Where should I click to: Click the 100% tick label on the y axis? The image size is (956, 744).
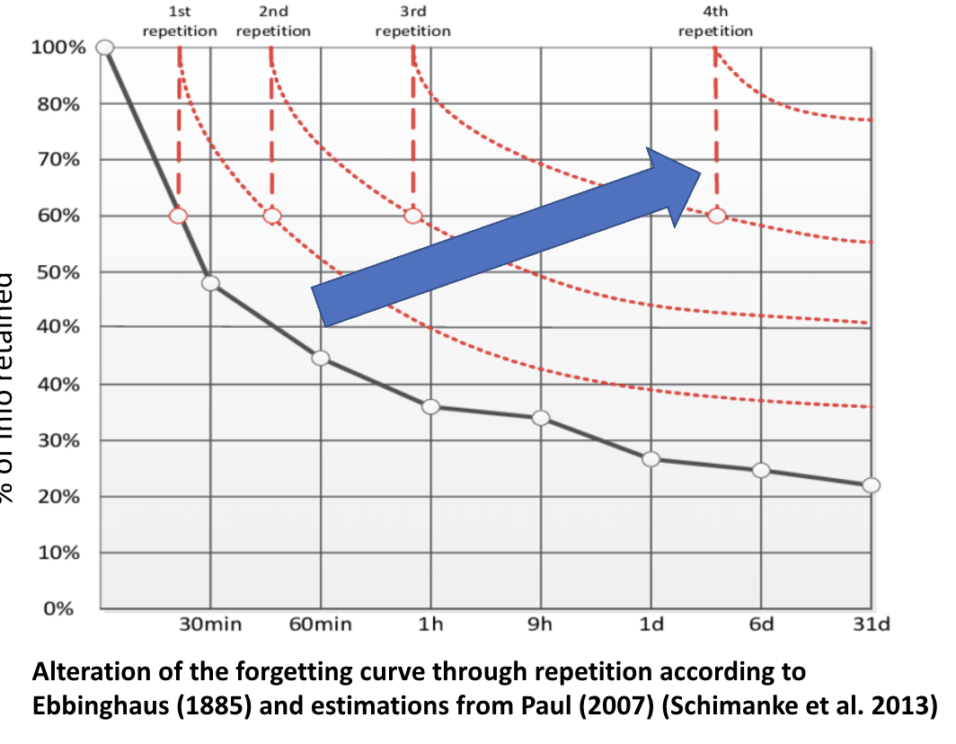tap(58, 48)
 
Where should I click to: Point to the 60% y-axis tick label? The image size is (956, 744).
tap(58, 216)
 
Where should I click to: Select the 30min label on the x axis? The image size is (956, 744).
tap(209, 624)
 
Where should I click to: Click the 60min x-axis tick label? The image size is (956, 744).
tap(321, 624)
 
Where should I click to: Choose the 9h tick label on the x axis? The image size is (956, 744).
tap(541, 624)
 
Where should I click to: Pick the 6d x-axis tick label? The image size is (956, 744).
tap(761, 624)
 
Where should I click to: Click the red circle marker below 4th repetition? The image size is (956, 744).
tap(716, 216)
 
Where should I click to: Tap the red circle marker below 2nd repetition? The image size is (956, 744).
tap(272, 216)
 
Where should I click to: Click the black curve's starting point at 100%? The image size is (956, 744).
tap(105, 48)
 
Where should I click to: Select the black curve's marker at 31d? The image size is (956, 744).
tap(871, 485)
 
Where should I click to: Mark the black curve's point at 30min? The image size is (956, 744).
tap(210, 283)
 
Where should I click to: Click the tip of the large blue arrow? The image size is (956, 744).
tap(700, 173)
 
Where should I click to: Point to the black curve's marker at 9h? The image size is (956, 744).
tap(541, 418)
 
